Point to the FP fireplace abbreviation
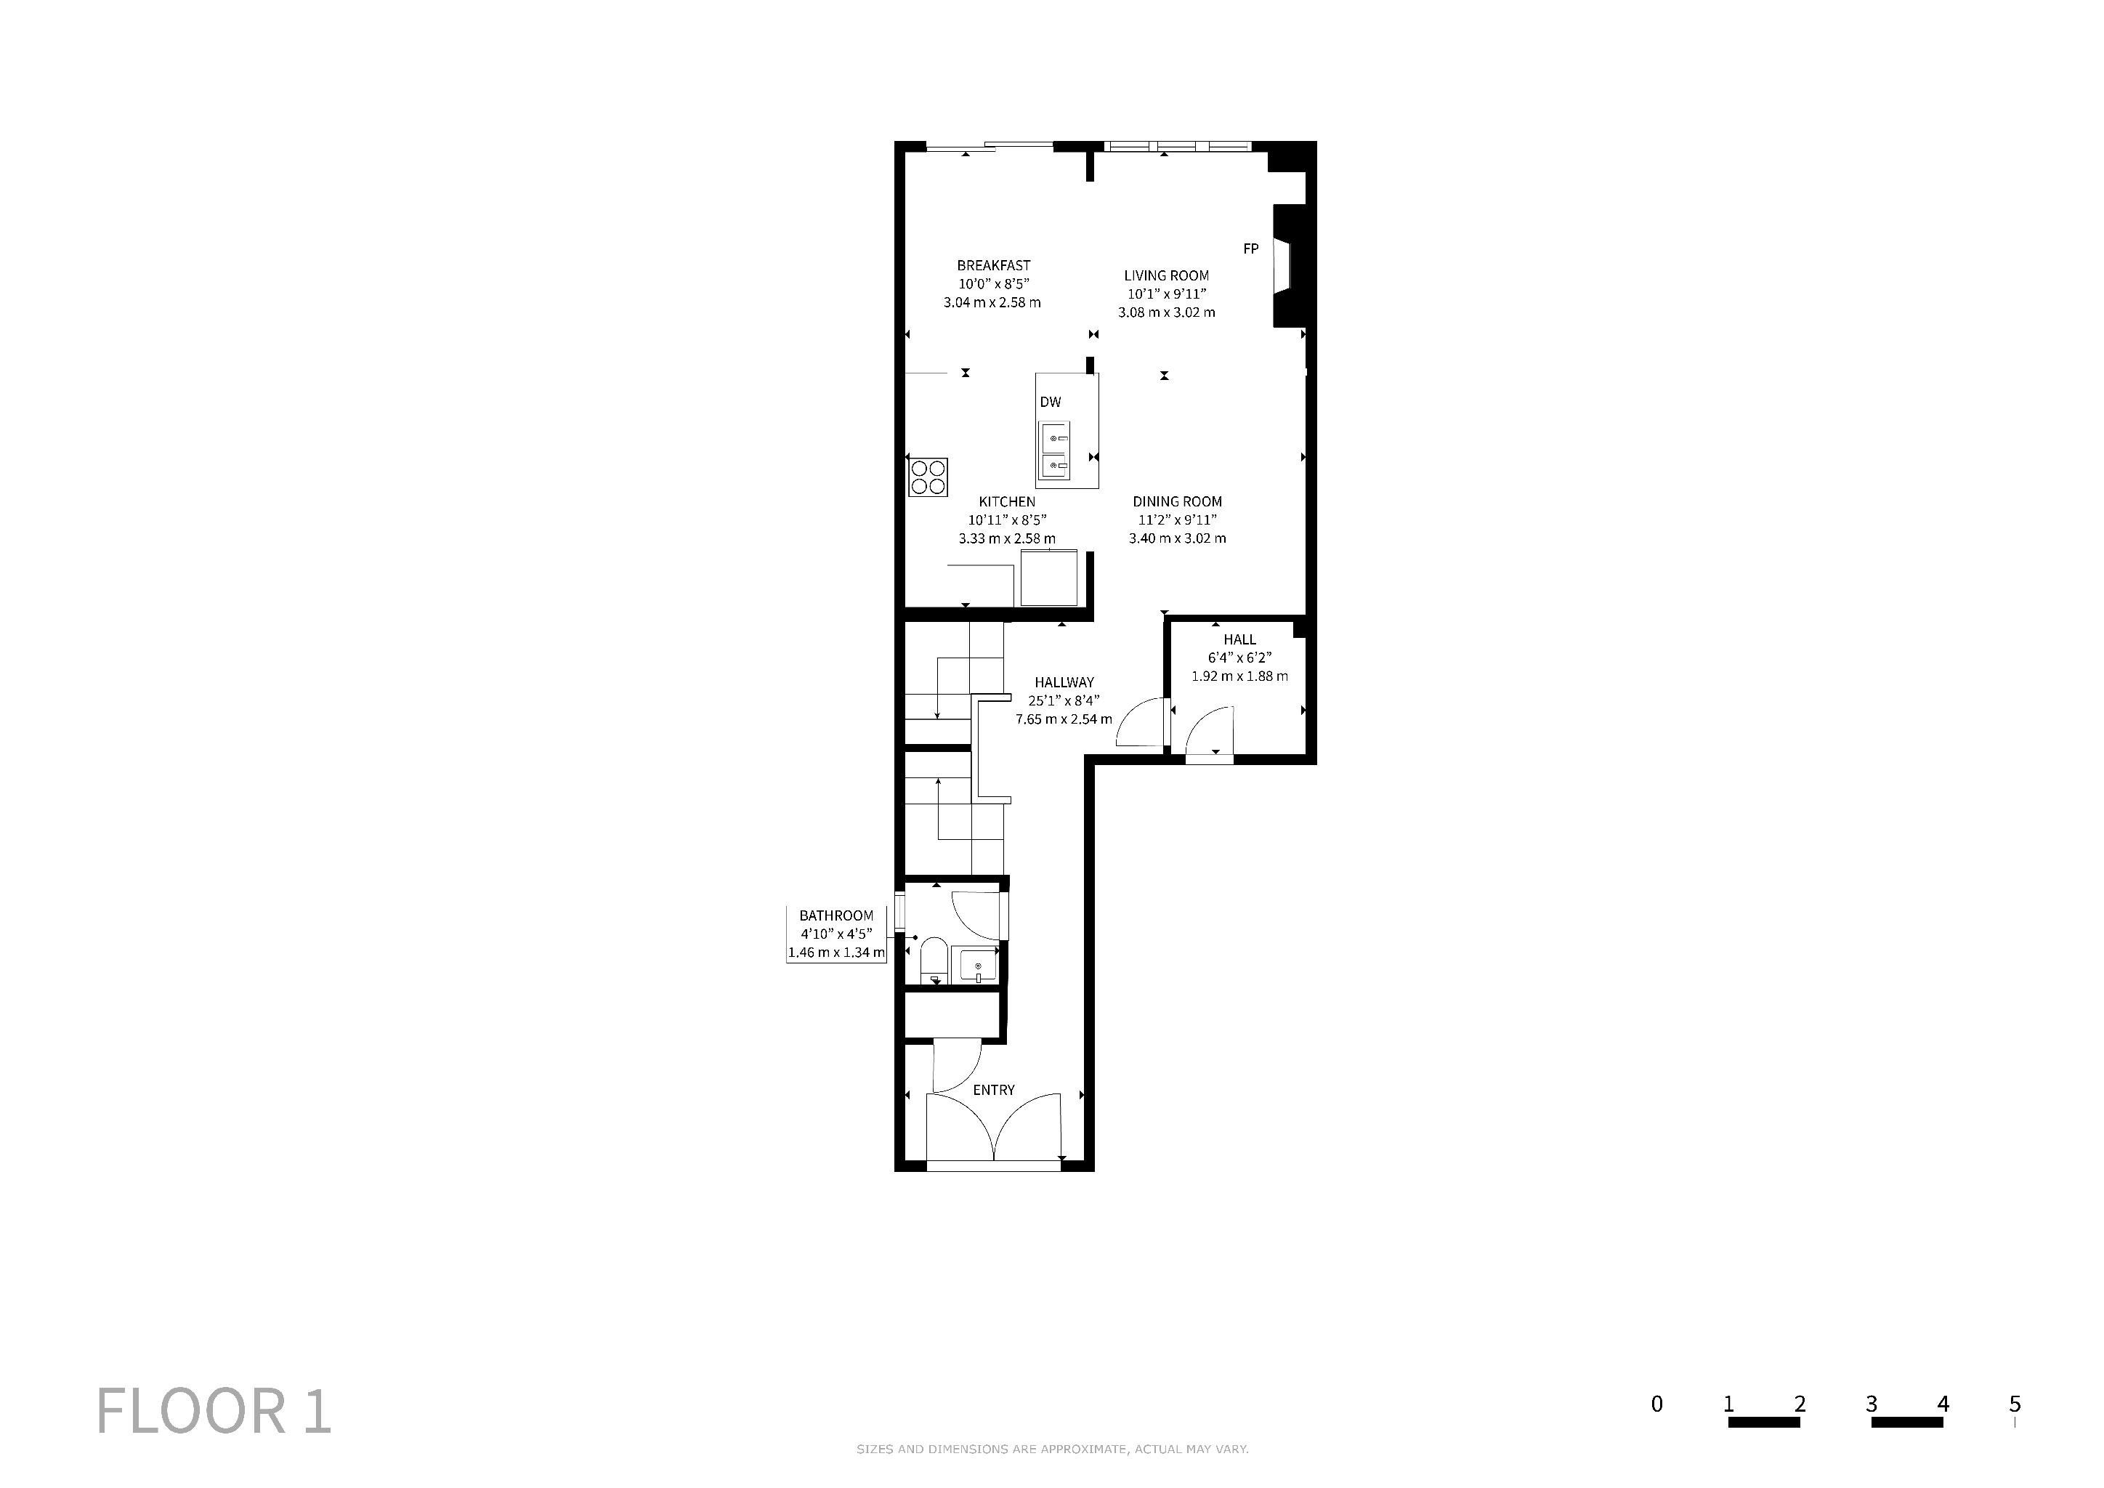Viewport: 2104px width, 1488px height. coord(1251,248)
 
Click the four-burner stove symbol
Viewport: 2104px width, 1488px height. coord(927,477)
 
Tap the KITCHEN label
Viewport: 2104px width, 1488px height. coord(1007,502)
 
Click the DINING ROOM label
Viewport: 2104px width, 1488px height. coord(1178,502)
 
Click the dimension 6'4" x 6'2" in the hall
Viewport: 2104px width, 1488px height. coord(1240,658)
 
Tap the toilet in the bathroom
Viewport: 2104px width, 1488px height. coord(934,959)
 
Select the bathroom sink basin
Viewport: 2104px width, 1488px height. coord(979,966)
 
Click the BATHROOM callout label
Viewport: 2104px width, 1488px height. coord(835,915)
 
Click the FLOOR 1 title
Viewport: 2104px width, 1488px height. coord(214,1412)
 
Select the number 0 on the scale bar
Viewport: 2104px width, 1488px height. coord(1656,1404)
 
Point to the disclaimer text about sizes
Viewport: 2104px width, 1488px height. coord(1052,1449)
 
